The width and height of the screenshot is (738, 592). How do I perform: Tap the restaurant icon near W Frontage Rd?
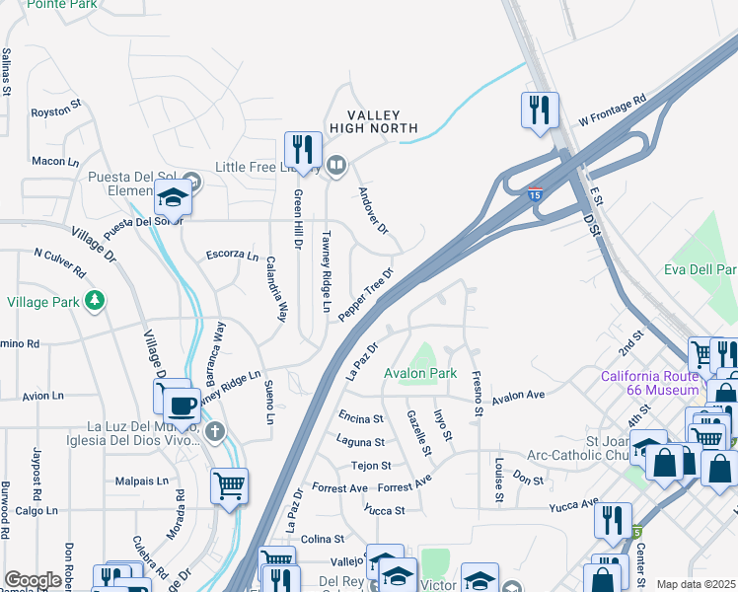(x=540, y=110)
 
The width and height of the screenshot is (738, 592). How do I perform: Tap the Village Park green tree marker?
(x=94, y=300)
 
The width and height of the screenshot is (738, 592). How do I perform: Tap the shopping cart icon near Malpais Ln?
(x=229, y=484)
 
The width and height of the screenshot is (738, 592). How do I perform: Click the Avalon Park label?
(x=421, y=374)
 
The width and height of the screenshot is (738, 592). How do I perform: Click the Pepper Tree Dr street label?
(x=366, y=294)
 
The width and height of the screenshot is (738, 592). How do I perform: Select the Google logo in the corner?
(x=33, y=581)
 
